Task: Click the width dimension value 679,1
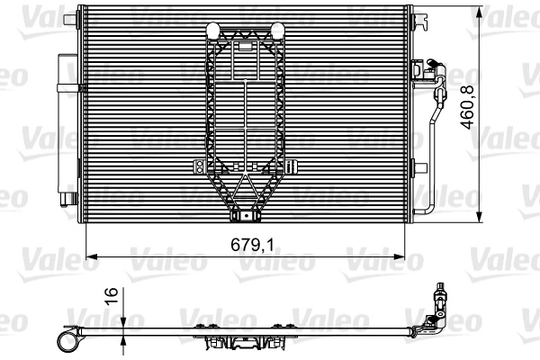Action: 251,244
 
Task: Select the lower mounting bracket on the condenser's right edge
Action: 418,167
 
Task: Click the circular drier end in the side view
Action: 66,339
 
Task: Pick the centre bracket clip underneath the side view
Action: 241,343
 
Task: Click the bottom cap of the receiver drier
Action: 67,197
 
